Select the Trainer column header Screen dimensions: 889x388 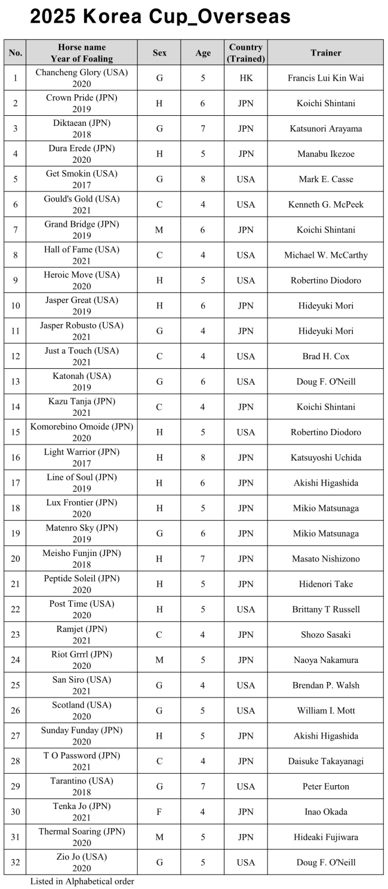(326, 53)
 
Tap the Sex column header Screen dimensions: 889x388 (159, 53)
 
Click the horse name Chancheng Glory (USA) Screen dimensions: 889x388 (82, 72)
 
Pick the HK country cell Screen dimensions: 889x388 (245, 78)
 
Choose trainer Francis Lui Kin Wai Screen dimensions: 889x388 (326, 78)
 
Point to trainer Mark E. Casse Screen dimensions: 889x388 (326, 179)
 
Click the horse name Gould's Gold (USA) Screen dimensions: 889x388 (82, 199)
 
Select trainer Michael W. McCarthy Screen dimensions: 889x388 (326, 255)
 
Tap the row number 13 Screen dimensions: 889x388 (15, 381)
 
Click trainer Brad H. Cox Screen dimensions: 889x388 (326, 356)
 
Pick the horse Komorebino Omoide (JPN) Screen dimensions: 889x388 (82, 427)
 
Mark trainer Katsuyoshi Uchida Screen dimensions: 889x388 (326, 458)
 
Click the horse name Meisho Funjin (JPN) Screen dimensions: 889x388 (82, 553)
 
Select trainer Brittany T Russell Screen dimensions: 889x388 (326, 609)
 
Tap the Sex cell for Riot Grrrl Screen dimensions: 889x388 (159, 660)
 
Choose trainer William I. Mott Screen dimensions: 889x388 (326, 711)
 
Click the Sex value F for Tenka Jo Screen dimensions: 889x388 (159, 811)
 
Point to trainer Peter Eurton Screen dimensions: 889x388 (326, 786)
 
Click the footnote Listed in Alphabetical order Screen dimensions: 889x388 (82, 881)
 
